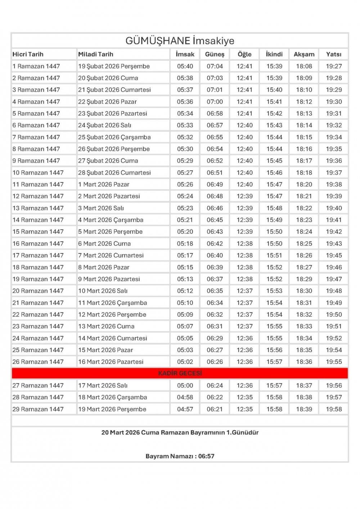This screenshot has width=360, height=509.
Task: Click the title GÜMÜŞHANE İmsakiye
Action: (x=180, y=41)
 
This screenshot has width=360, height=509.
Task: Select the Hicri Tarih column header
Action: (x=28, y=54)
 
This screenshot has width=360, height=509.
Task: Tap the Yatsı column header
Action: (x=333, y=54)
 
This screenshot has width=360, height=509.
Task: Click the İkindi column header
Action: (x=274, y=54)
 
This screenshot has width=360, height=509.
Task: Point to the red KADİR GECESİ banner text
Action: (x=180, y=373)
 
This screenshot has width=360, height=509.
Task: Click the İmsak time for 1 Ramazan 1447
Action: (x=185, y=66)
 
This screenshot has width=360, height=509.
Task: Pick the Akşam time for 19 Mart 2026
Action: (x=304, y=409)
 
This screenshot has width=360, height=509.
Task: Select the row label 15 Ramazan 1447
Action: (x=38, y=232)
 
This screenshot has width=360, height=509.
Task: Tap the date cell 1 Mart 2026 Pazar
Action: (x=104, y=184)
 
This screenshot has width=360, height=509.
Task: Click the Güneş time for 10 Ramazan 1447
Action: (x=215, y=172)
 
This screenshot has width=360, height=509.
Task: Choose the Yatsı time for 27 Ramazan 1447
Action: (x=333, y=386)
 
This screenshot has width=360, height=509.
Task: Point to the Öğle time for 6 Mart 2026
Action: (x=244, y=244)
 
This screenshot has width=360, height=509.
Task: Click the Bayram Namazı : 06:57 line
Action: (x=180, y=456)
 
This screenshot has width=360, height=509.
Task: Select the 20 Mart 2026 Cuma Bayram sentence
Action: (x=180, y=432)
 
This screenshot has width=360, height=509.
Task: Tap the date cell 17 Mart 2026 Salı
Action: (x=103, y=386)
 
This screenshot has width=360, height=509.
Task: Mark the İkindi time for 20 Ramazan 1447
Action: (x=274, y=291)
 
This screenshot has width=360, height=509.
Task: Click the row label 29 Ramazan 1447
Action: (x=38, y=409)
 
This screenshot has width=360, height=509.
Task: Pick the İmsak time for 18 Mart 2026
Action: (x=185, y=397)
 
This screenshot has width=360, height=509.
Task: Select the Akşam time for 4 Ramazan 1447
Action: (x=304, y=102)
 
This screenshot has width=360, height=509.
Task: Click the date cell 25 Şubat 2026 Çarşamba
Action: (x=114, y=137)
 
